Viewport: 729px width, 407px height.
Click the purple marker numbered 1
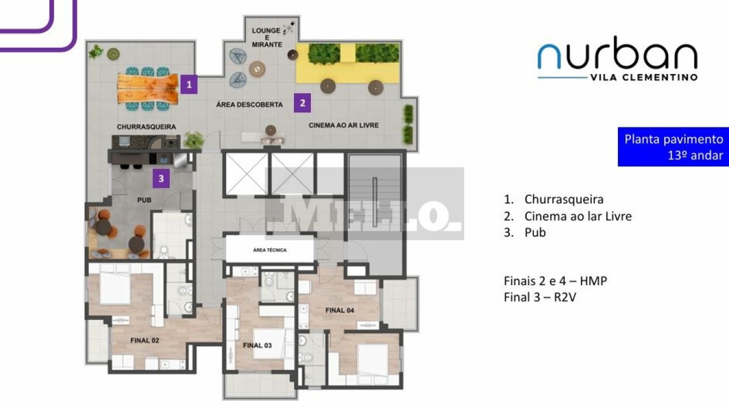click(x=189, y=85)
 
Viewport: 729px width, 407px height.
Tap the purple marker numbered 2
click(x=302, y=103)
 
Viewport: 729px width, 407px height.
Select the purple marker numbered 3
click(x=161, y=179)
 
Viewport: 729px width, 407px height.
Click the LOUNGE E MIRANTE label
click(x=267, y=38)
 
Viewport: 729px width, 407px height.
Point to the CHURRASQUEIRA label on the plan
click(x=146, y=127)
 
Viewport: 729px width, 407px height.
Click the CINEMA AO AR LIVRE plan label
click(x=343, y=125)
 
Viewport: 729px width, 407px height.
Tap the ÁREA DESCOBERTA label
click(x=249, y=105)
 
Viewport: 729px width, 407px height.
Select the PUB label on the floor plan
click(x=144, y=200)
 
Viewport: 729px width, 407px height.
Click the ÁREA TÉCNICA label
click(x=270, y=250)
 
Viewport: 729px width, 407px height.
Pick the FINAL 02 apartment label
click(x=145, y=340)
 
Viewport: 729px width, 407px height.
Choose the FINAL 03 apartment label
click(x=257, y=346)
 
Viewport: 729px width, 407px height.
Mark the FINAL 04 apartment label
click(x=340, y=310)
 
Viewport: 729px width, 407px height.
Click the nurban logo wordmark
click(x=617, y=53)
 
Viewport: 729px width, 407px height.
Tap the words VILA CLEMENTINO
click(x=644, y=77)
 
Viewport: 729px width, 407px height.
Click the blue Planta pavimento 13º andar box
click(x=673, y=147)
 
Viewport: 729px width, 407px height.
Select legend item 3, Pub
click(x=525, y=233)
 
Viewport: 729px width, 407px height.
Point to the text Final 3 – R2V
click(x=540, y=297)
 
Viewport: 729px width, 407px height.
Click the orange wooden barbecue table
click(x=148, y=88)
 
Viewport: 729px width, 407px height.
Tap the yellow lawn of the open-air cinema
click(x=347, y=64)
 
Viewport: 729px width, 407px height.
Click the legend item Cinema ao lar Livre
click(x=568, y=216)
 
